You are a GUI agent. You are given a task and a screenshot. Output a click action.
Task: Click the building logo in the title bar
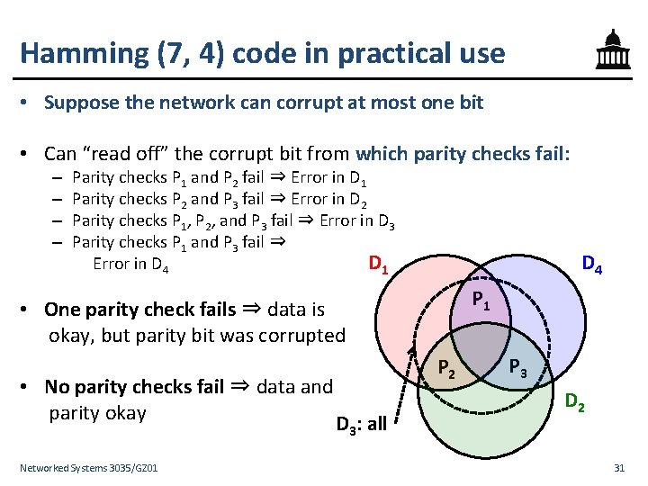click(x=612, y=50)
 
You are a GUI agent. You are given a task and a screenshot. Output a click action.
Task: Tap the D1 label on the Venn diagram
click(x=378, y=265)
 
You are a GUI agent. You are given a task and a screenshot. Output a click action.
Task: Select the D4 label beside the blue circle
click(x=591, y=264)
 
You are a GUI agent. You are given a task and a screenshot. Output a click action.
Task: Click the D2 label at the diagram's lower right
click(x=575, y=403)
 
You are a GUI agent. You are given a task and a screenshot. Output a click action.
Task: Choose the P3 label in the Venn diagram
click(x=517, y=366)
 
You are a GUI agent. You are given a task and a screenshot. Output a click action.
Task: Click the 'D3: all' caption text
click(x=361, y=423)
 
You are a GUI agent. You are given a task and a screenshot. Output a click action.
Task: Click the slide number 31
click(x=618, y=468)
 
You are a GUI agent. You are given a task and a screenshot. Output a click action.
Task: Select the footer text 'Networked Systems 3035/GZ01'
click(x=89, y=468)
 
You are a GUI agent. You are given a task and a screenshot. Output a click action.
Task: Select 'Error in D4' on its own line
click(x=131, y=265)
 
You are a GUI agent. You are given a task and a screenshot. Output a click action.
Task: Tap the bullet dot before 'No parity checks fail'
click(x=30, y=388)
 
